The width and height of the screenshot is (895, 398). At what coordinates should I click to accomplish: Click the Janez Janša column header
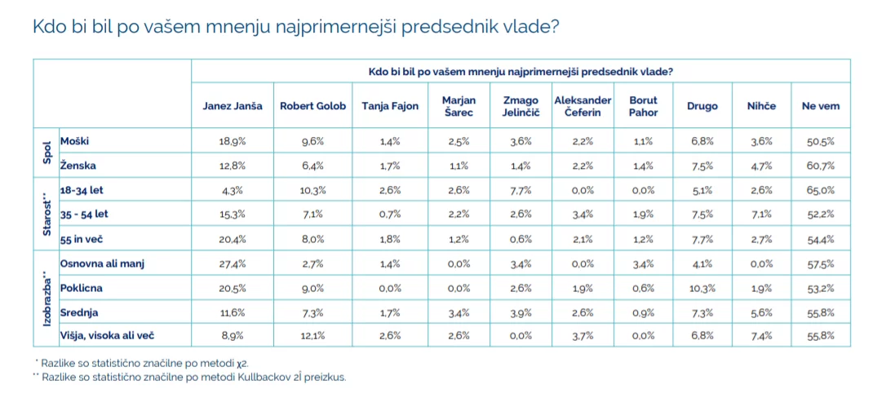pos(233,106)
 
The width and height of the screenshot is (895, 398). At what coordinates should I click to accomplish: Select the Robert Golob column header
pos(312,106)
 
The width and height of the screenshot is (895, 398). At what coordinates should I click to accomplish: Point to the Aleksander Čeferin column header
pos(583,106)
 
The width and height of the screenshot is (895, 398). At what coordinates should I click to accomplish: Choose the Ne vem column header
pos(820,106)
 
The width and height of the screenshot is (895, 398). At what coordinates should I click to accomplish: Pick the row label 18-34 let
pos(82,190)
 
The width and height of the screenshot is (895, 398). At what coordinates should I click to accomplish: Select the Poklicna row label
pos(81,288)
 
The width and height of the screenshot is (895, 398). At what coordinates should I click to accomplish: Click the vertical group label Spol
pos(47,153)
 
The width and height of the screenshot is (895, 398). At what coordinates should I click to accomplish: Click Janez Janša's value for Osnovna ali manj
pos(233,264)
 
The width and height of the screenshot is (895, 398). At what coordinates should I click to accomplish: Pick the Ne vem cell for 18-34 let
pos(820,190)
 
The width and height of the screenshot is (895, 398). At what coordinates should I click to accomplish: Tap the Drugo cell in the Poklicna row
pos(702,288)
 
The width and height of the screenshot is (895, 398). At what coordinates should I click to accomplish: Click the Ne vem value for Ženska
pos(820,166)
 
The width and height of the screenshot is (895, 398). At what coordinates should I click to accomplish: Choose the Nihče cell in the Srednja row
pos(761,313)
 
